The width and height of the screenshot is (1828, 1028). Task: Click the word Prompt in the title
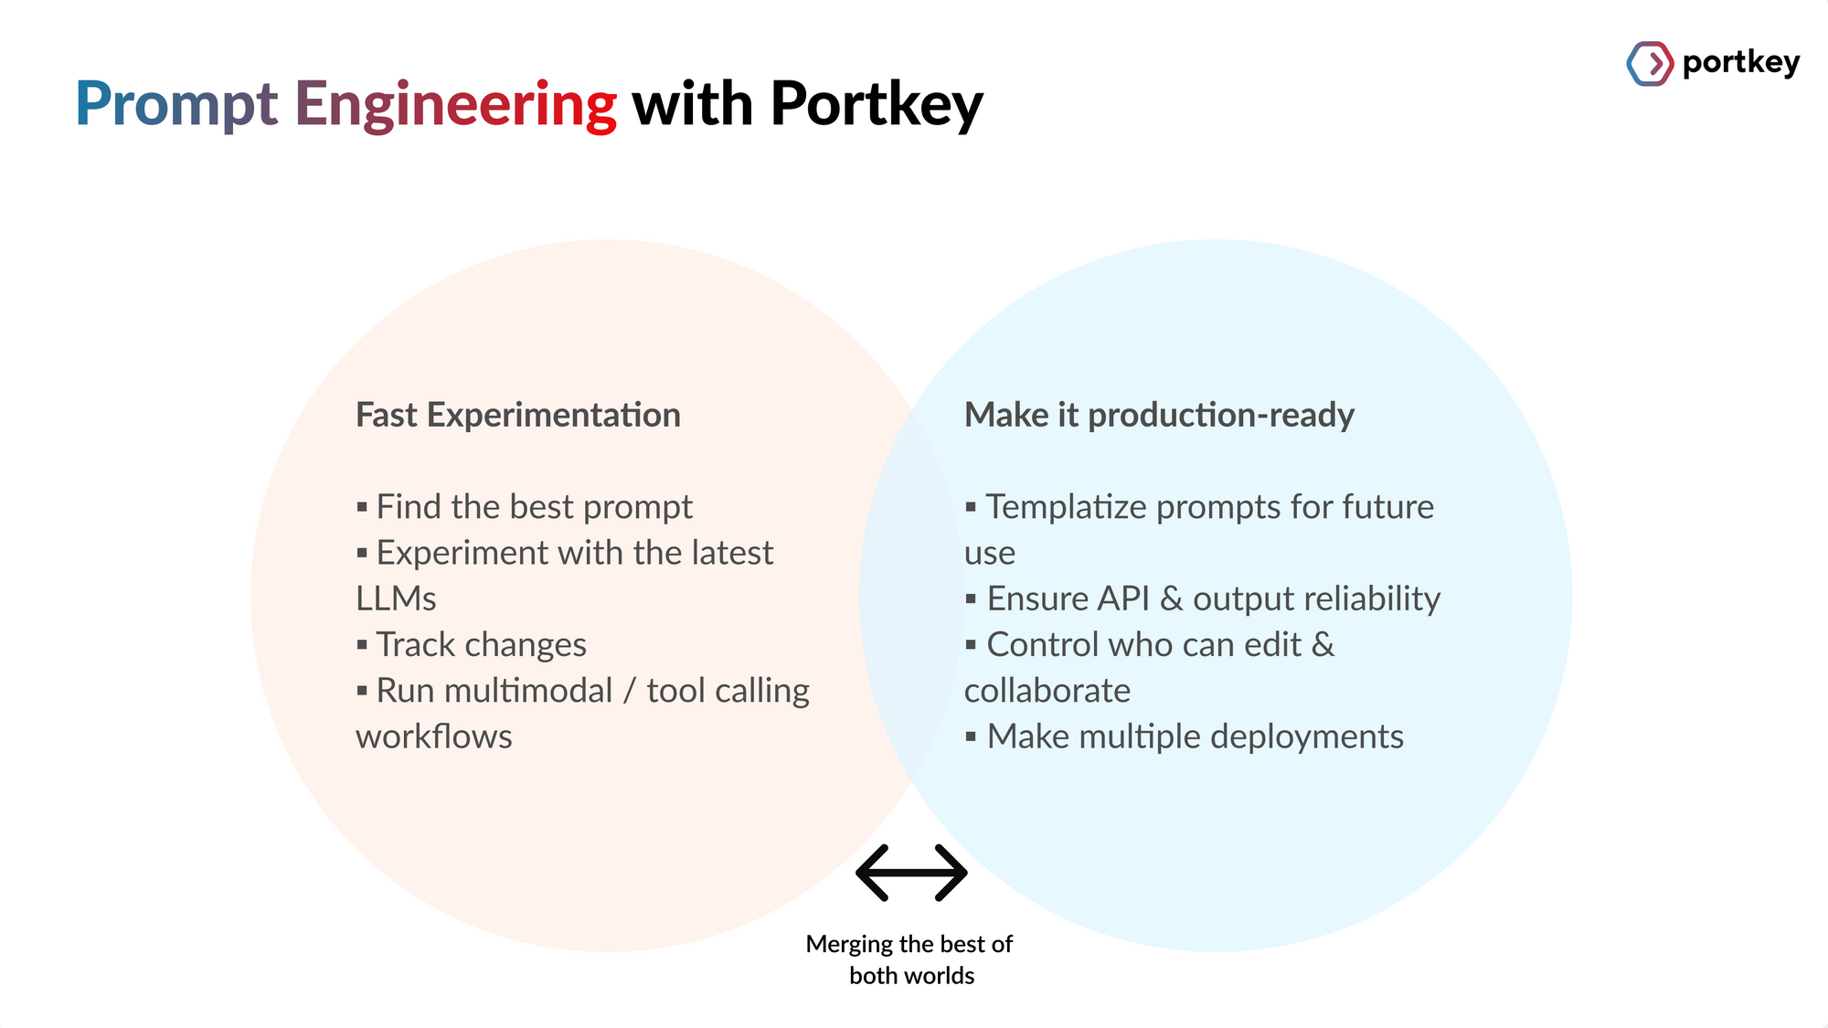coord(175,105)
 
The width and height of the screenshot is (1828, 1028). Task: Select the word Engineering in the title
coord(455,105)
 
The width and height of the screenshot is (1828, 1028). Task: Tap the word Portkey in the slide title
coord(876,105)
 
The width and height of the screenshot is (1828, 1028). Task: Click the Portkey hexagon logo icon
coord(1650,64)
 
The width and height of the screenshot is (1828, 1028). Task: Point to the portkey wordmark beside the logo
coord(1740,62)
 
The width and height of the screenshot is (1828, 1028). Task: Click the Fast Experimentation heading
coord(517,415)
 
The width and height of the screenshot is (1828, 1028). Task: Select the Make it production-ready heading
coord(1159,415)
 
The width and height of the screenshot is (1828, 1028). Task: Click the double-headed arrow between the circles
coord(911,873)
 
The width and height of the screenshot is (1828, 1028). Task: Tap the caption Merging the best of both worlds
coord(909,959)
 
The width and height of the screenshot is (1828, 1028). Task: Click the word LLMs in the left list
coord(396,599)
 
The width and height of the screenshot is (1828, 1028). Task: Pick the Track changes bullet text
coord(481,645)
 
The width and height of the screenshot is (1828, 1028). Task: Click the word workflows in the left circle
coord(433,737)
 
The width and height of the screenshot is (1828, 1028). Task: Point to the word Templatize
coord(1066,507)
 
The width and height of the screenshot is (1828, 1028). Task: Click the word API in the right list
coord(1122,599)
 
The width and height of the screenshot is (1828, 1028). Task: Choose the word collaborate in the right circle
coord(1047,691)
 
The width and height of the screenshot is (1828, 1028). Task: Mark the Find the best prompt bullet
coord(534,507)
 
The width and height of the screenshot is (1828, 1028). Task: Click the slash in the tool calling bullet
coord(629,692)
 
